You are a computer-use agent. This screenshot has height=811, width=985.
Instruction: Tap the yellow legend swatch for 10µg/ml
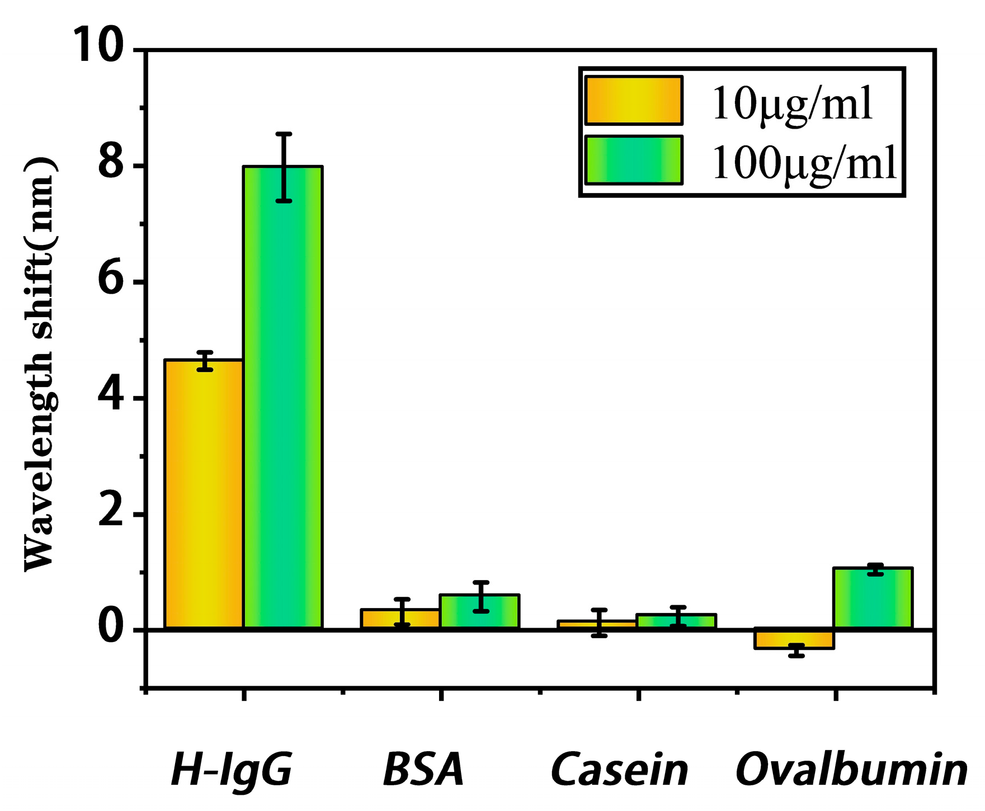pyautogui.click(x=634, y=101)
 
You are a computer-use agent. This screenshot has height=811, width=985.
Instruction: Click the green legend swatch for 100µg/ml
pyautogui.click(x=634, y=160)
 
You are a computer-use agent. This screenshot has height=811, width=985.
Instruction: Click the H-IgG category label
pyautogui.click(x=231, y=771)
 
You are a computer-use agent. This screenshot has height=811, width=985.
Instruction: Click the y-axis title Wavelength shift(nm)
pyautogui.click(x=39, y=364)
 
